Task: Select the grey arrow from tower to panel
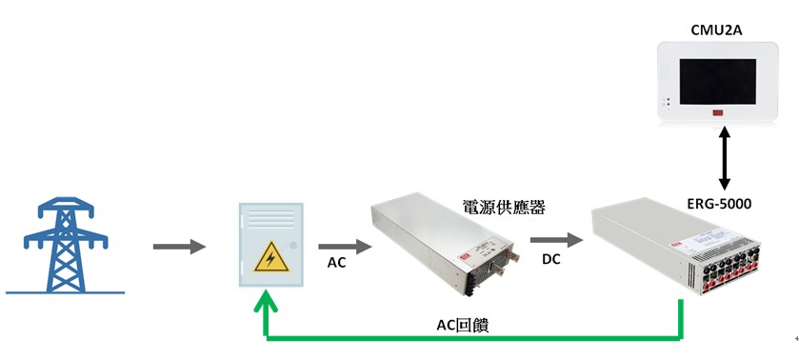click(x=179, y=247)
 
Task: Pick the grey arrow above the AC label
click(x=339, y=247)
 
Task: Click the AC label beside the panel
click(x=336, y=264)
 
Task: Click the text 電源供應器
click(x=503, y=207)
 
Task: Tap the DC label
click(x=551, y=259)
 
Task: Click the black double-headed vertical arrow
click(x=723, y=159)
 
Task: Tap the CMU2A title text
click(x=716, y=30)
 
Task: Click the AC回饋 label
click(x=463, y=325)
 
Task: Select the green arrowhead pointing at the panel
click(x=266, y=305)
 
